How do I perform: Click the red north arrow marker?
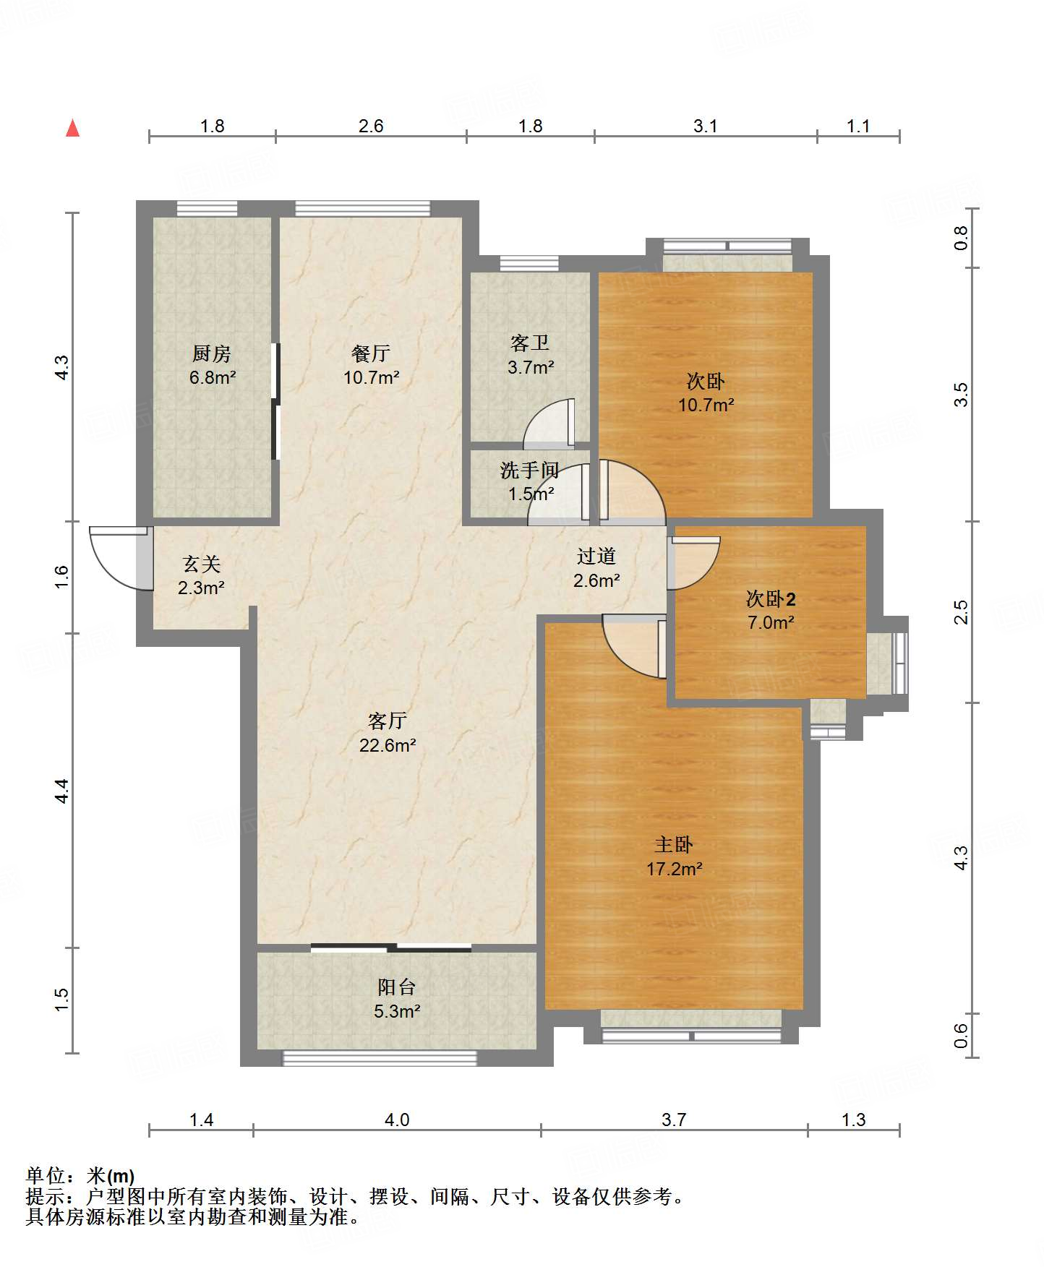pyautogui.click(x=72, y=128)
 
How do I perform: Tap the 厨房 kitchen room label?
pyautogui.click(x=212, y=353)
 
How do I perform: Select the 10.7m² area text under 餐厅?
pyautogui.click(x=372, y=377)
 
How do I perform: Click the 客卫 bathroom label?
pyautogui.click(x=530, y=343)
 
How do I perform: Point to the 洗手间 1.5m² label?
pyautogui.click(x=530, y=482)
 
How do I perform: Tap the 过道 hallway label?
pyautogui.click(x=596, y=557)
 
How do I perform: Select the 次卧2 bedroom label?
pyautogui.click(x=771, y=599)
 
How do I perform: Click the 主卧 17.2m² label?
pyautogui.click(x=674, y=856)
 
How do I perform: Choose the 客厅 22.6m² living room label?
pyautogui.click(x=388, y=733)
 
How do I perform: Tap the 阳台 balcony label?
pyautogui.click(x=397, y=987)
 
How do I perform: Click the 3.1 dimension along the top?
pyautogui.click(x=705, y=126)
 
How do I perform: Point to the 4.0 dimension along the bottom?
pyautogui.click(x=397, y=1120)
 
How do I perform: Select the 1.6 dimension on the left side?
pyautogui.click(x=61, y=576)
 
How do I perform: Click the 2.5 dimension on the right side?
pyautogui.click(x=960, y=611)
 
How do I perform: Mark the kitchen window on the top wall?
pyautogui.click(x=207, y=209)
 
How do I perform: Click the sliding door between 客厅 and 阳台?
pyautogui.click(x=391, y=948)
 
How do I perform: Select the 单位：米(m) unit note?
pyautogui.click(x=80, y=1176)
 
